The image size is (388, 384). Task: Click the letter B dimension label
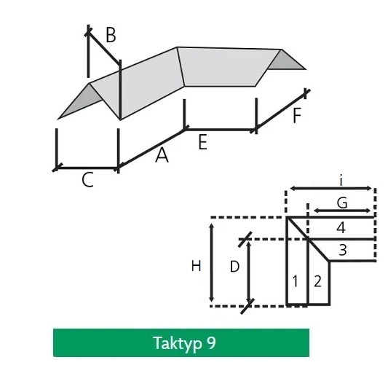coord(111,35)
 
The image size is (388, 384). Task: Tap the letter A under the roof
coord(162,154)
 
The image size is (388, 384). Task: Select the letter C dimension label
coord(87,179)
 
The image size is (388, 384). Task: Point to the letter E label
coord(202,142)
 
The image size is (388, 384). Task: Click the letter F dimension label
coord(297,115)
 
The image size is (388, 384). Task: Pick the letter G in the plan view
coord(342,203)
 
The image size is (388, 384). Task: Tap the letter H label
coord(196,266)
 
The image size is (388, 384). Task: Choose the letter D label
coord(234,267)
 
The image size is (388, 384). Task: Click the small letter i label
coord(341,181)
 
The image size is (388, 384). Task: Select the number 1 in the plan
coord(295,281)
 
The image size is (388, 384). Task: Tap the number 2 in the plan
coord(317,281)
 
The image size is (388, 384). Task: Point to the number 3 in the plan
coord(342,250)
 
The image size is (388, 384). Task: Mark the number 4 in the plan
coord(341,228)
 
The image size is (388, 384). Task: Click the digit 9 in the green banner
coord(210,342)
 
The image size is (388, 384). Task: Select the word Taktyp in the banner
coord(178,344)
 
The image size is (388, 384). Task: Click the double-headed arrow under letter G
coord(342,211)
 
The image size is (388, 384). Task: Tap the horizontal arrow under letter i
coord(330,189)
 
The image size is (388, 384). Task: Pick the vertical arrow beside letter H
coord(212,262)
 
